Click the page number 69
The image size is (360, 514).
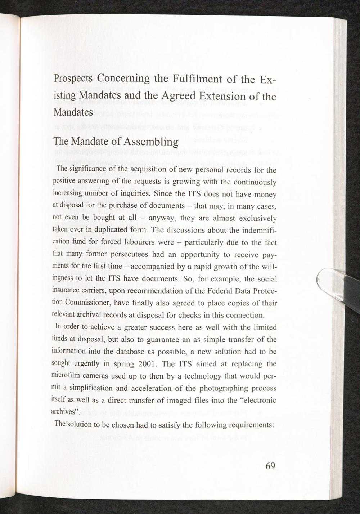pos(270,466)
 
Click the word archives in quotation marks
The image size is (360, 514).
pos(66,412)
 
